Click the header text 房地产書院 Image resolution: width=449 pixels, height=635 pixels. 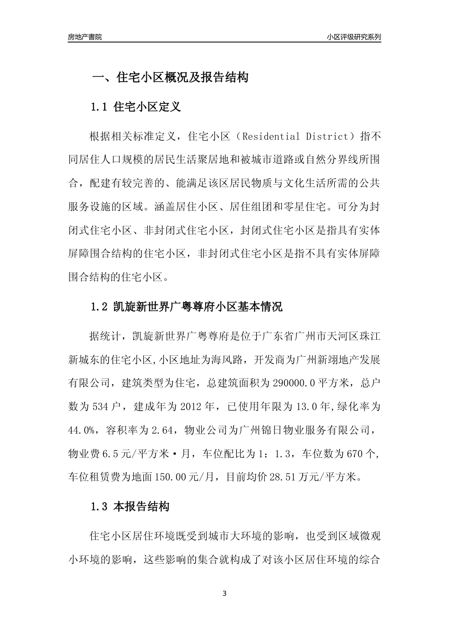85,37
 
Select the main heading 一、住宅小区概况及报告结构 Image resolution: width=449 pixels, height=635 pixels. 170,77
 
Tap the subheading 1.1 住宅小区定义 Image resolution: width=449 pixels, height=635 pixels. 135,107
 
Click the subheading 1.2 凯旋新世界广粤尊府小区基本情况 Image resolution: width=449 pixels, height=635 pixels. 186,307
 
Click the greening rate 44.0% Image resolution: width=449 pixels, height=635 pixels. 82,430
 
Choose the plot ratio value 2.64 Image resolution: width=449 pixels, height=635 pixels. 164,430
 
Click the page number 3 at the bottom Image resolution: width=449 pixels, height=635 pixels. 224,594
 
